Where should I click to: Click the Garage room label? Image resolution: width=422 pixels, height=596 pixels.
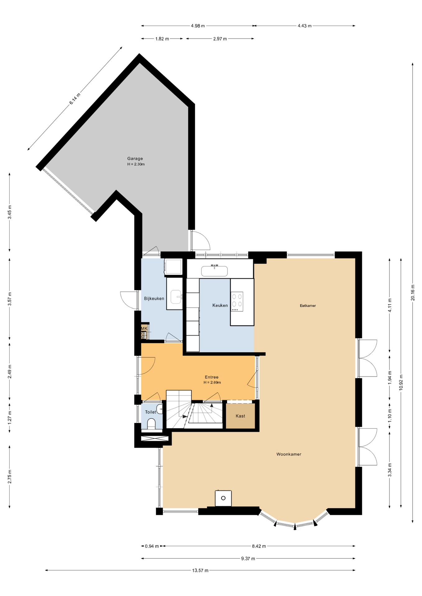point(135,159)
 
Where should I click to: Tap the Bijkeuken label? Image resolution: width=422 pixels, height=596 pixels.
point(154,299)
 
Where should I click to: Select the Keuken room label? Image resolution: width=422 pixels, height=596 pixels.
point(220,305)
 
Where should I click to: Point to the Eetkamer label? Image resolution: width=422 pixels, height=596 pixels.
point(308,306)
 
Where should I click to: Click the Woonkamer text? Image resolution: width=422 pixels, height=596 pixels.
point(289,454)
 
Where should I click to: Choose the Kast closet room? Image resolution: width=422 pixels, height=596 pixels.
point(240,416)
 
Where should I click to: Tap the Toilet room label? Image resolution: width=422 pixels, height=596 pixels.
point(150,412)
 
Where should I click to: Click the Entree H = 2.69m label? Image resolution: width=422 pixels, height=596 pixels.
point(212,380)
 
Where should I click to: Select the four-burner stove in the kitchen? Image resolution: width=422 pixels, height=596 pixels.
point(237,301)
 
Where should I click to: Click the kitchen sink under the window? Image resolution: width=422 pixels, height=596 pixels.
point(214,271)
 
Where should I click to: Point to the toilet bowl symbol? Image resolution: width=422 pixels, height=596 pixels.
point(151,424)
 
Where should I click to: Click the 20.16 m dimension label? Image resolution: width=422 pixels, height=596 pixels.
point(413,293)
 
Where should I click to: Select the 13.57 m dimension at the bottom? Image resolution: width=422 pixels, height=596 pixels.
point(200,570)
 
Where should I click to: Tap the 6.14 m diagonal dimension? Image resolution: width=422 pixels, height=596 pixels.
point(75,98)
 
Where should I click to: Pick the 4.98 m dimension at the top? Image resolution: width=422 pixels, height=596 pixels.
point(198,26)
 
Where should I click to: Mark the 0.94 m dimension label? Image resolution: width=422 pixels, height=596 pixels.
point(152,546)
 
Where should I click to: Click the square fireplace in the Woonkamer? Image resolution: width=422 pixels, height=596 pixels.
point(223,498)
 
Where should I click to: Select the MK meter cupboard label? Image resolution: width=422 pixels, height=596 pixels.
point(144,328)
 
